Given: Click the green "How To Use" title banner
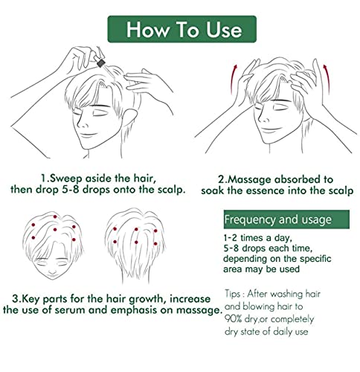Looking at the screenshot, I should tap(183, 30).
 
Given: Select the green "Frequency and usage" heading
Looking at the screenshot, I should tap(278, 220).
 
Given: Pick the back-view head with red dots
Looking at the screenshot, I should tap(138, 246).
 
